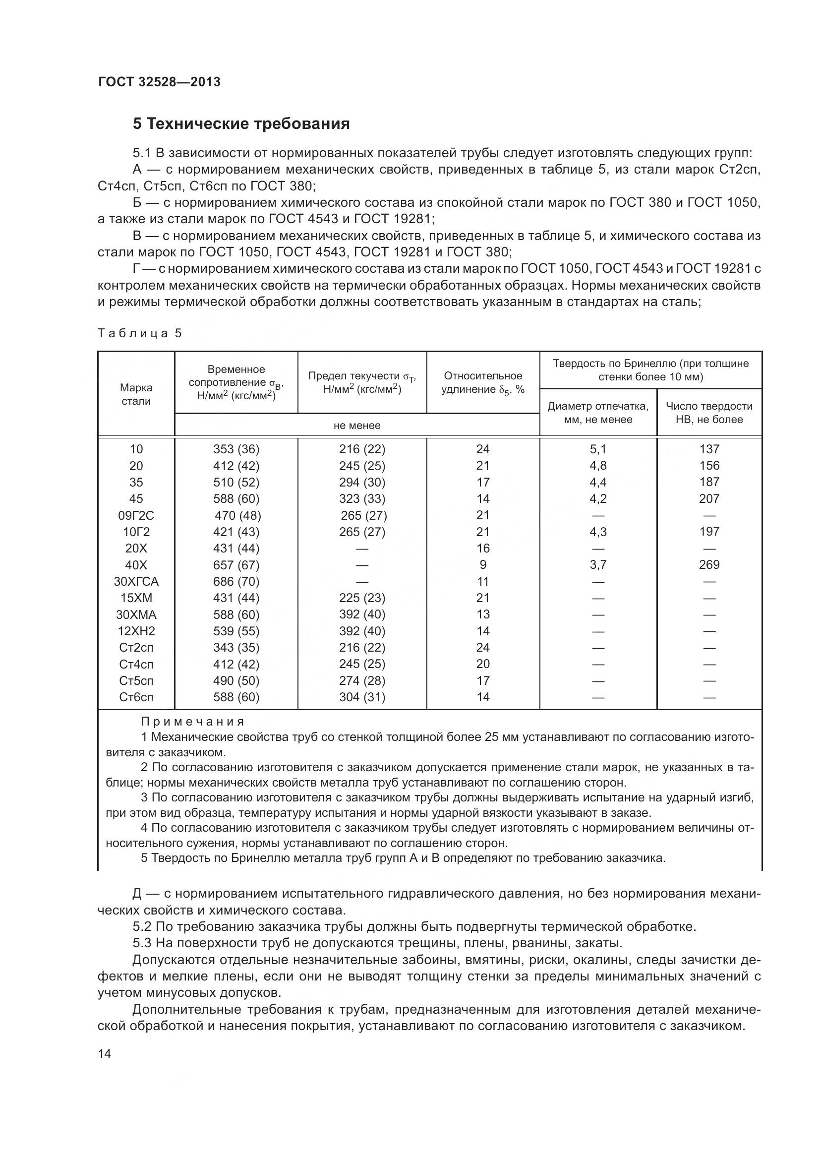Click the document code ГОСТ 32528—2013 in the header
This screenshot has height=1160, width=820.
[x=160, y=82]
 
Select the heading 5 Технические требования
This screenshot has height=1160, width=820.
[x=241, y=124]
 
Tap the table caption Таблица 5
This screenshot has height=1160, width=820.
[x=139, y=333]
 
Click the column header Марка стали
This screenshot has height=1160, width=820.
[x=136, y=394]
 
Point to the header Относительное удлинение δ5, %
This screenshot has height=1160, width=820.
[x=483, y=382]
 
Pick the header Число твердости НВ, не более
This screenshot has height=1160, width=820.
[x=708, y=412]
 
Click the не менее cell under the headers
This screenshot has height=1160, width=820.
[x=356, y=426]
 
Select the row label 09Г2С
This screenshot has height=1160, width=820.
[x=136, y=515]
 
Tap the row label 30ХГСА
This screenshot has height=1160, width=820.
[x=136, y=582]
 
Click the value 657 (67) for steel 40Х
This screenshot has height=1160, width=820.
[x=236, y=565]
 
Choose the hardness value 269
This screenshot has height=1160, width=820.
[x=709, y=564]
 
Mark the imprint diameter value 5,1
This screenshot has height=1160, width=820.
[x=598, y=449]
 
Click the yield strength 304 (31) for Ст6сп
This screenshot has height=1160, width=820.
[x=361, y=697]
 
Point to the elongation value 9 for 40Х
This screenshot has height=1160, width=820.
[x=483, y=565]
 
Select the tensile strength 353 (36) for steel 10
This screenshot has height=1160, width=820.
[x=236, y=449]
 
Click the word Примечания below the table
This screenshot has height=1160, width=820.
[x=192, y=722]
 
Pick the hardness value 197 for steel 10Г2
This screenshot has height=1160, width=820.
[x=709, y=532]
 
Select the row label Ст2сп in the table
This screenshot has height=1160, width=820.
[x=136, y=648]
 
